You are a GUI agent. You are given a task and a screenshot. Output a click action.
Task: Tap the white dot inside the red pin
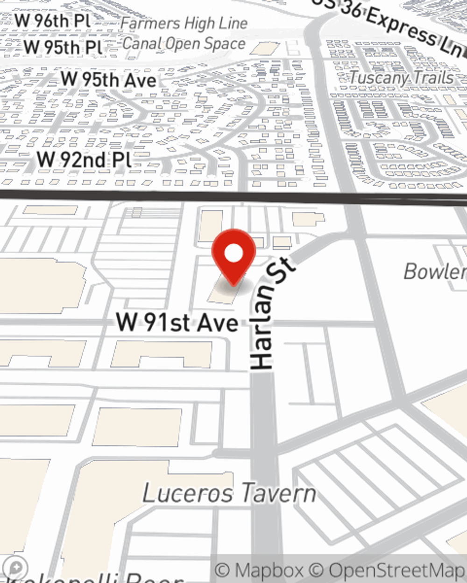click(x=233, y=254)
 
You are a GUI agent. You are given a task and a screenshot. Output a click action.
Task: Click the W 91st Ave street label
click(x=177, y=322)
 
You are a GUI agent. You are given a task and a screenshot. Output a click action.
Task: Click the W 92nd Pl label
click(x=85, y=160)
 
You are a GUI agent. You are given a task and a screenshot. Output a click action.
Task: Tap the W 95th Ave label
click(x=108, y=79)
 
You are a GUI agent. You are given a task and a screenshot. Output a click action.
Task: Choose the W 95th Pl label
click(x=63, y=47)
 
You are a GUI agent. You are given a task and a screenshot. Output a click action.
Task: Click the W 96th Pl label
click(x=52, y=21)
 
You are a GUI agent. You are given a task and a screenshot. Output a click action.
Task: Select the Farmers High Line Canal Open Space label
click(x=184, y=34)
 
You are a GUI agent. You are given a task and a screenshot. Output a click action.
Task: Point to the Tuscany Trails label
click(x=401, y=77)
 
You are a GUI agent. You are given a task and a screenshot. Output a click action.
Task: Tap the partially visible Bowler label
click(x=434, y=271)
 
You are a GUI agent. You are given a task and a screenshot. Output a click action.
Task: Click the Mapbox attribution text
click(x=260, y=570)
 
